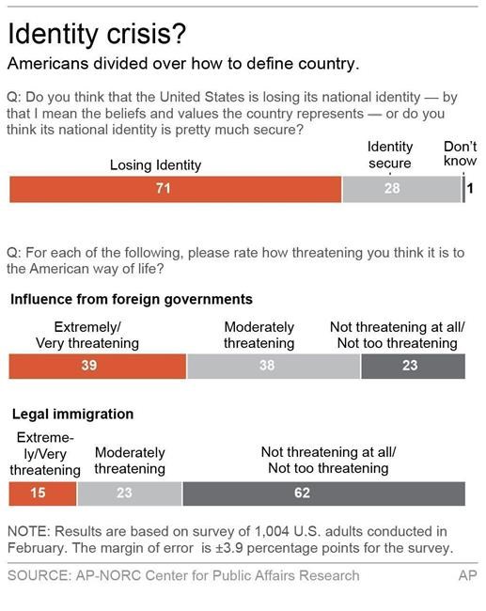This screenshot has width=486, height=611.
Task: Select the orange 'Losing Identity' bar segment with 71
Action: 175,189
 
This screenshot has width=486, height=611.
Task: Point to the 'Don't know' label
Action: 460,154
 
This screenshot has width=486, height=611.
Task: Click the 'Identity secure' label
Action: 389,154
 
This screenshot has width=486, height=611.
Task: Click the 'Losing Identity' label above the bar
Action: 155,164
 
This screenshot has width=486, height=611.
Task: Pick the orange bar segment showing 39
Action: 98,366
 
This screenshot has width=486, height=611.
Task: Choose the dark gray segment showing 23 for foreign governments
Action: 412,366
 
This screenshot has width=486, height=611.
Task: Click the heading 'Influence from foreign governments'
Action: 131,299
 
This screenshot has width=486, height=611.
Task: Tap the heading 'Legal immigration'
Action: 71,414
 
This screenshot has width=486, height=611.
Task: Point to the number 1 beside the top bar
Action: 471,189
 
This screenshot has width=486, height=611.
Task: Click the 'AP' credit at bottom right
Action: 466,575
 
